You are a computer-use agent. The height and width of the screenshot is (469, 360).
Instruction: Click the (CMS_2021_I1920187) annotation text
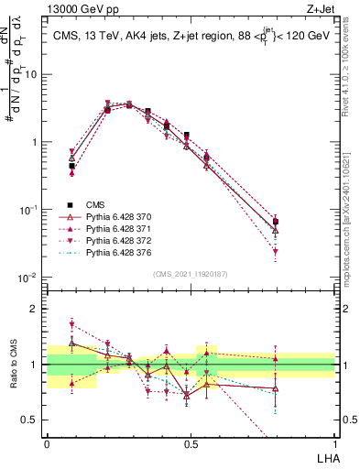click(190, 274)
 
